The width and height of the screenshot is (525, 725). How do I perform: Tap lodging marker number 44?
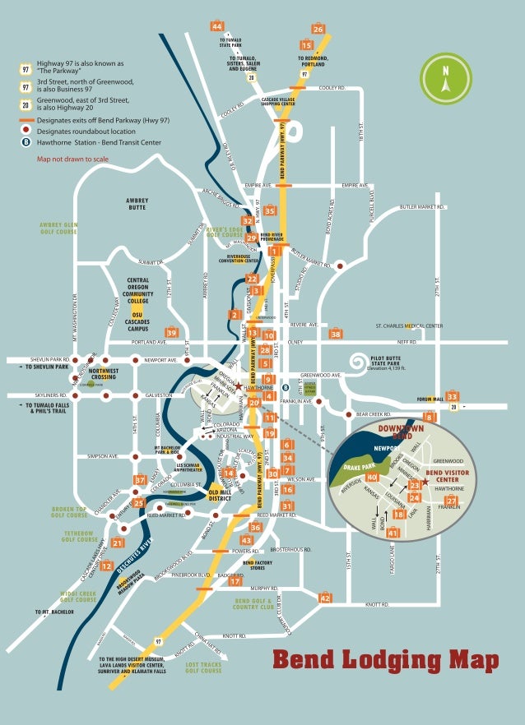coord(216,26)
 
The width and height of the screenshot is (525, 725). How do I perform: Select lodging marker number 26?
coord(318,29)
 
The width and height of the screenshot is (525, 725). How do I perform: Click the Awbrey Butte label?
coord(137,203)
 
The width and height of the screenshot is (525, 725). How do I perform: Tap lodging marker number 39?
coord(171,332)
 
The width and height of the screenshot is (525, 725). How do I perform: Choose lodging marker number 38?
coord(335,334)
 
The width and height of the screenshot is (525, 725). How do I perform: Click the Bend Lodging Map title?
coord(386,659)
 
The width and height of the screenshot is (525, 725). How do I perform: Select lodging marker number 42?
coord(325,598)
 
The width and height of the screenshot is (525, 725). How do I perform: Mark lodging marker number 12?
coord(106,566)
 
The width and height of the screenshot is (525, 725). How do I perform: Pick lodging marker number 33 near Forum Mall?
coord(452,396)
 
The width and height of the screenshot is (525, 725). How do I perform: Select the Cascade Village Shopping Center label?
coord(278,101)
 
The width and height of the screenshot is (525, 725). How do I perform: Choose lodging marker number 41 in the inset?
coord(393,533)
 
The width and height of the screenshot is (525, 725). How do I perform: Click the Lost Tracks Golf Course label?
coord(203,667)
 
